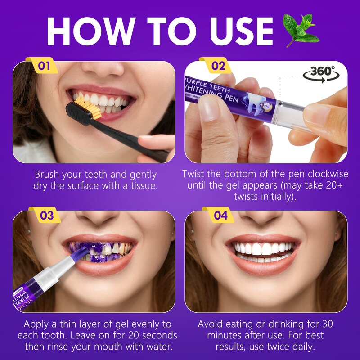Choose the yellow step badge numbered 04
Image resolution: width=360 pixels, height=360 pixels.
coord(220,216)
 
